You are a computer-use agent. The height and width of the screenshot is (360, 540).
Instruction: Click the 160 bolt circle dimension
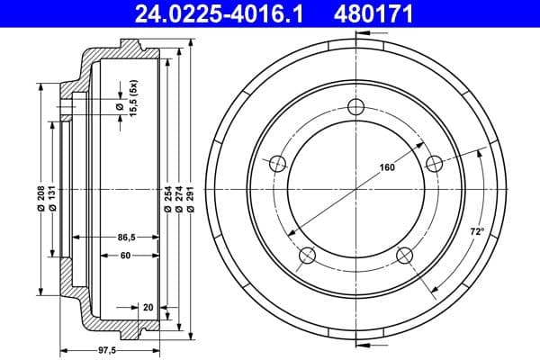(387, 167)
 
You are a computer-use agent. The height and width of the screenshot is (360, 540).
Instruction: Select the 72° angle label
(478, 232)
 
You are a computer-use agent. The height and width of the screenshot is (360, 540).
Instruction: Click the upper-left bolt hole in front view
(277, 163)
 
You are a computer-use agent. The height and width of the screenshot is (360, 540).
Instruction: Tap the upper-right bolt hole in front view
(435, 163)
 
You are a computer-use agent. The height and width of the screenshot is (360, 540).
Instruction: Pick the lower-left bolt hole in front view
(307, 256)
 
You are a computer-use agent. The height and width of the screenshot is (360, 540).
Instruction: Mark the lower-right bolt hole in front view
(404, 256)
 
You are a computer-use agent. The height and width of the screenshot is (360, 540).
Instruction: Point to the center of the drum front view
(355, 190)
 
